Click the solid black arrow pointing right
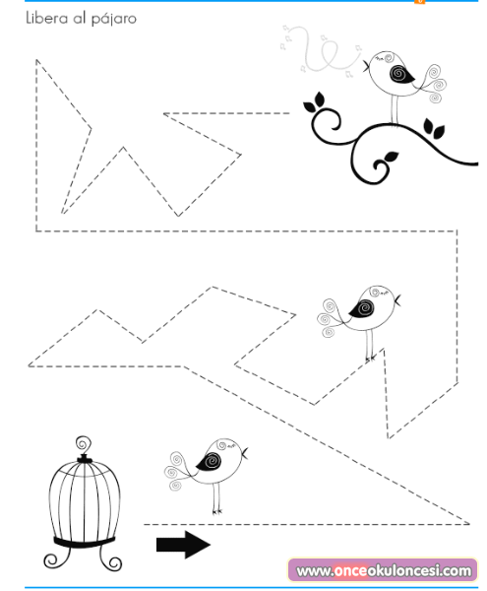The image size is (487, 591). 183,545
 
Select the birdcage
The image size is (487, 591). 84,503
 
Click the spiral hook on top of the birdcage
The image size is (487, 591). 84,446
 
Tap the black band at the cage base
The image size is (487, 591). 84,543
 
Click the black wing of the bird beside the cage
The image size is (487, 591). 210,461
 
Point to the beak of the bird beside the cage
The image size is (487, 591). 245,453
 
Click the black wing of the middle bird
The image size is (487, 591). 361,308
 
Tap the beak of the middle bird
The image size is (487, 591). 397,300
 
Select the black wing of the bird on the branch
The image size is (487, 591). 401,74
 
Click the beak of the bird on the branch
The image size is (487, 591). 366,66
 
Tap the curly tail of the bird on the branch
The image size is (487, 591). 435,84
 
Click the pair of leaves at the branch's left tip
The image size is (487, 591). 315,102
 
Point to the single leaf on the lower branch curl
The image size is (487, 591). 391,157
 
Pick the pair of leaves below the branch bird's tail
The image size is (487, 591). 433,128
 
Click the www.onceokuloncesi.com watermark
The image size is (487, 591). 383,570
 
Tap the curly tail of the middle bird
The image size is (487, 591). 329,318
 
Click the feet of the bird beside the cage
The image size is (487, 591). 217,511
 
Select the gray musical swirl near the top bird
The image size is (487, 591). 320,51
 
